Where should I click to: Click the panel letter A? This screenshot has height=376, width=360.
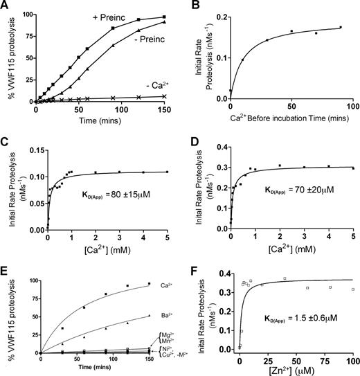[x=6, y=6]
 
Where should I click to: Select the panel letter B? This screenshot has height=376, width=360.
[x=190, y=6]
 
